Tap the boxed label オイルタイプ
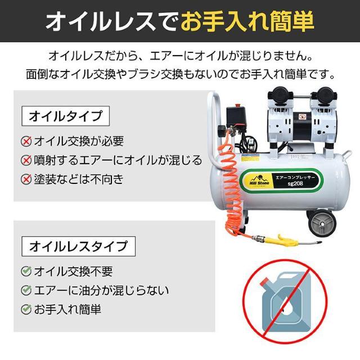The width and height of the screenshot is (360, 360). pyautogui.click(x=65, y=117)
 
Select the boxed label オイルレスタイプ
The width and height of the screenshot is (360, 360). pyautogui.click(x=78, y=246)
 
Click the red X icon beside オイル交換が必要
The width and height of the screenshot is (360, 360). pyautogui.click(x=26, y=141)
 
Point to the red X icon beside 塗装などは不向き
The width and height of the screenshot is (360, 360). pyautogui.click(x=26, y=179)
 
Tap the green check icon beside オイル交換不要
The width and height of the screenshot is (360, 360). pyautogui.click(x=26, y=272)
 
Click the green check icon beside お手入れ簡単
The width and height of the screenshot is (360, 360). pyautogui.click(x=26, y=309)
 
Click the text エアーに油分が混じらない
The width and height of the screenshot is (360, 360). pyautogui.click(x=101, y=291)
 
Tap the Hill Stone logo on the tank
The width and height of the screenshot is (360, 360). pyautogui.click(x=260, y=181)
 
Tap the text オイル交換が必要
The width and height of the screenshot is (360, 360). pyautogui.click(x=79, y=141)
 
